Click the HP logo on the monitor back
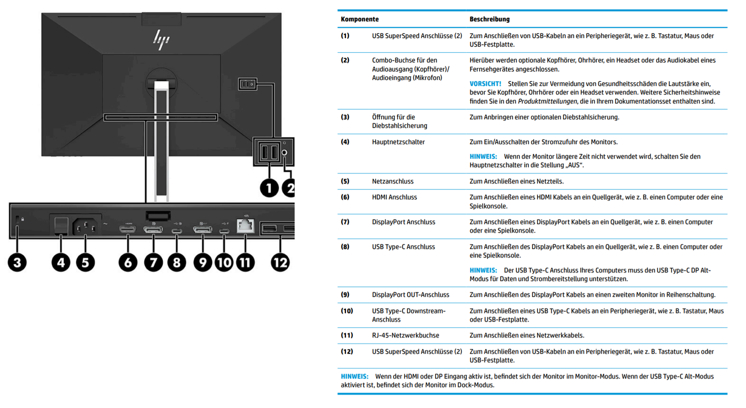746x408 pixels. [161, 39]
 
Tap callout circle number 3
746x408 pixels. [17, 262]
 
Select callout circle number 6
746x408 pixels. [128, 262]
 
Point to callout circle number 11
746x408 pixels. [245, 262]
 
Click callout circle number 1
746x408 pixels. [269, 188]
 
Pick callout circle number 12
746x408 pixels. [280, 262]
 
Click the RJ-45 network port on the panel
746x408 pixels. [245, 225]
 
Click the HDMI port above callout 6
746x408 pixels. [128, 229]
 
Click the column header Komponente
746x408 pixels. [359, 19]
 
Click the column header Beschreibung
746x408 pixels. [489, 19]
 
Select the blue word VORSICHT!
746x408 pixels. [485, 84]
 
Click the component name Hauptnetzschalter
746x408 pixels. [398, 142]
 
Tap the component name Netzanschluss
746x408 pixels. [393, 181]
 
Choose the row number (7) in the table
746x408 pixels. [345, 222]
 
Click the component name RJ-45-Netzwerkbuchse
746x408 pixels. [405, 335]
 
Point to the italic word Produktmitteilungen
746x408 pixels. [547, 101]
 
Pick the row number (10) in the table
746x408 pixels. [346, 311]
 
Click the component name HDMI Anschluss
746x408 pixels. [394, 197]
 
